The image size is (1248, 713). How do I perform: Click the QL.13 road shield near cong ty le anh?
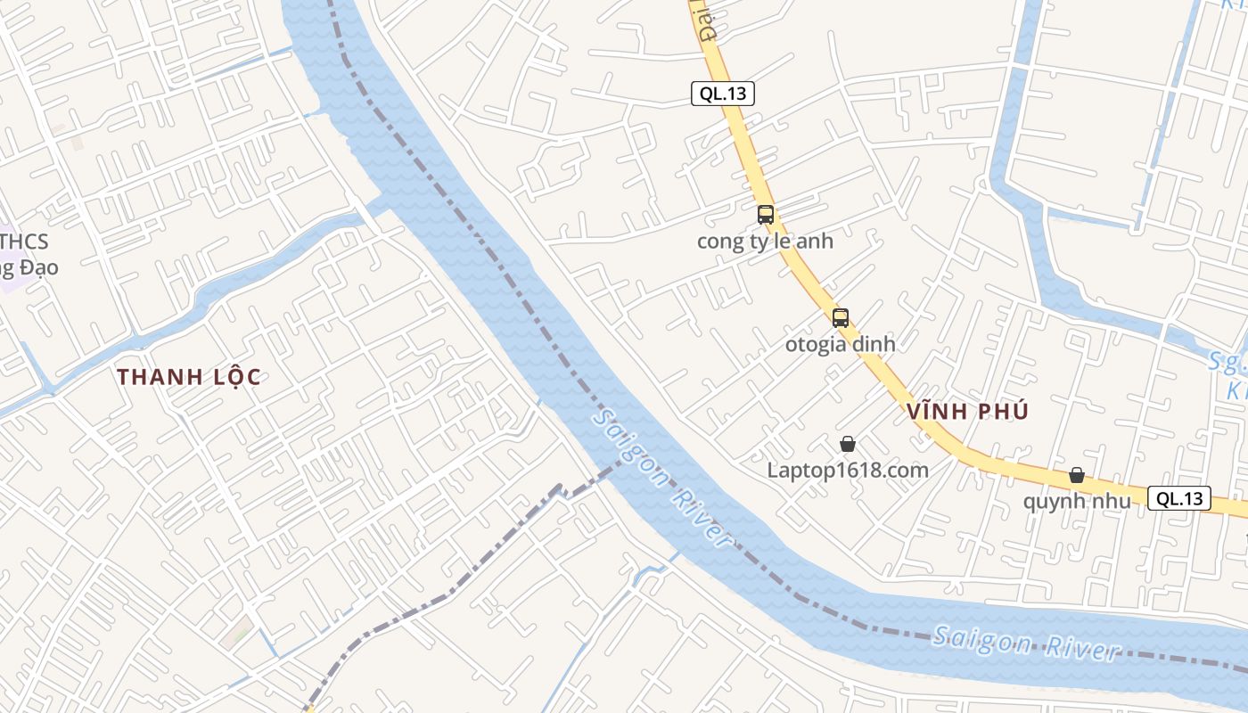[x=723, y=94]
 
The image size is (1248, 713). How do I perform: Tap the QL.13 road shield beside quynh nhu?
[x=1179, y=499]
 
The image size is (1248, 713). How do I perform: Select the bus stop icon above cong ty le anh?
[x=765, y=215]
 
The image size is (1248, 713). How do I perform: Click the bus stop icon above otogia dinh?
[x=840, y=318]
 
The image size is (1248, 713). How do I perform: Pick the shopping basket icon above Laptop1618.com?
[x=847, y=443]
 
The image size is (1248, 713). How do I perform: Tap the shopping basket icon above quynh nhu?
[x=1077, y=475]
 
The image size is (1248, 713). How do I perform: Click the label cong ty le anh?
[x=765, y=242]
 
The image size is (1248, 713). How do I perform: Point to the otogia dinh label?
[x=840, y=344]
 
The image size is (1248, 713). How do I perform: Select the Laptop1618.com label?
[x=847, y=470]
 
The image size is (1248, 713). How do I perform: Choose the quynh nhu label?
[x=1076, y=501]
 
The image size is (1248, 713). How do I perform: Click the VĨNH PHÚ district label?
[x=968, y=412]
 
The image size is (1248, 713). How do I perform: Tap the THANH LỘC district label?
[x=189, y=377]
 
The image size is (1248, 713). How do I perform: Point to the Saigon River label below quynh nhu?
[x=1025, y=644]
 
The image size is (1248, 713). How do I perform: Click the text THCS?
[x=25, y=242]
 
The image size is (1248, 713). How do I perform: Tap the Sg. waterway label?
[x=1227, y=362]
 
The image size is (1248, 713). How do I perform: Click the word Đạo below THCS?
[x=37, y=267]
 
